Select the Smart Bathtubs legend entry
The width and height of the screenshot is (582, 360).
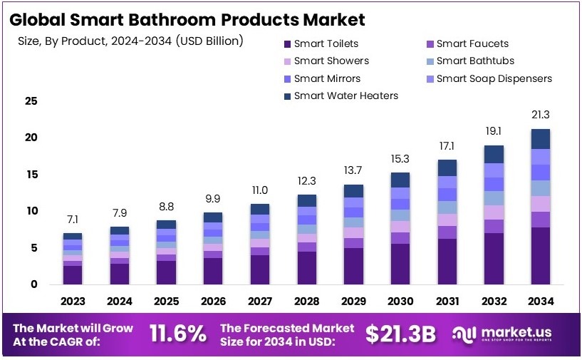click(x=474, y=61)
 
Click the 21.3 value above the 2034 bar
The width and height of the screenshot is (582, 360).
click(x=541, y=114)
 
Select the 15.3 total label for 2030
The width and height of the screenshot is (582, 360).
click(x=400, y=158)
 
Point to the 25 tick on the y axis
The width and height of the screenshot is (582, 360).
click(x=31, y=101)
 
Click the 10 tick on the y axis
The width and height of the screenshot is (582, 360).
click(x=31, y=211)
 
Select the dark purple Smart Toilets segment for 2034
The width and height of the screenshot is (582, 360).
click(x=541, y=256)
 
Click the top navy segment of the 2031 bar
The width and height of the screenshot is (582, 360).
click(x=447, y=168)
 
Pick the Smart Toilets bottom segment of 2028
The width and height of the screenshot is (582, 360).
click(x=307, y=268)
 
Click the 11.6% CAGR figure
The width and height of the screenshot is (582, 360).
click(x=178, y=333)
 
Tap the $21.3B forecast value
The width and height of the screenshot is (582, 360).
click(x=400, y=333)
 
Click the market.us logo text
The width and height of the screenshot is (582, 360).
click(x=516, y=332)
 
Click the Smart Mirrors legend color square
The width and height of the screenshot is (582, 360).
click(x=286, y=78)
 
